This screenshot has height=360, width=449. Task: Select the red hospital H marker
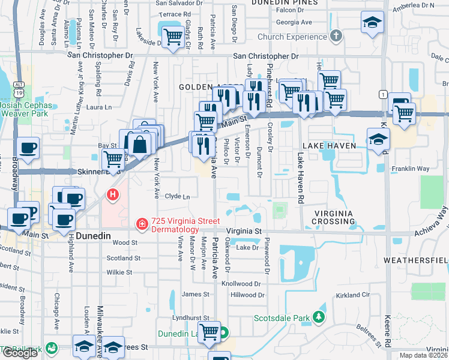pos(112,194)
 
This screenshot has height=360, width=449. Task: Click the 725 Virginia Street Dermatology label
pos(174,225)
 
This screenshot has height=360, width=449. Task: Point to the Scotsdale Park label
pos(281,317)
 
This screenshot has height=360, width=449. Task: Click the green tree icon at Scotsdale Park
pos(320,316)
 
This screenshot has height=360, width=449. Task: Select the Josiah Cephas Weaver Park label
pos(25,108)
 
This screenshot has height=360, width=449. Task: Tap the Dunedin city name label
pos(94,236)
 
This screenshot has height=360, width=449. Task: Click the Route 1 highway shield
pos(382,94)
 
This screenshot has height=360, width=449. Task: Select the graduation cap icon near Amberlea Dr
pos(372,23)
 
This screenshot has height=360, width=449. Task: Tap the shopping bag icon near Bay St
pos(139,144)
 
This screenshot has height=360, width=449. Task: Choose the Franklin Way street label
pos(410,169)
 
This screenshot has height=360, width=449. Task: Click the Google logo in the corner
pos(19,353)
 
